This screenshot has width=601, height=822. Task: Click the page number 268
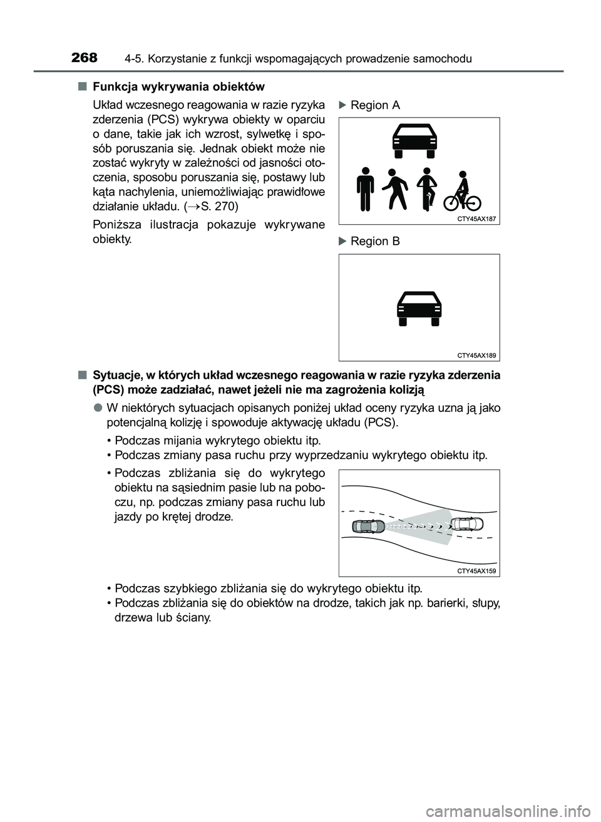coord(85,58)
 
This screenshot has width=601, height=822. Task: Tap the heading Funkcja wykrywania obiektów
coord(178,86)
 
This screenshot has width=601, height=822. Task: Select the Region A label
coord(375,105)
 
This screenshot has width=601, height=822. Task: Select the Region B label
coord(375,241)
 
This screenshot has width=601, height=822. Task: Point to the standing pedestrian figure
coord(366,188)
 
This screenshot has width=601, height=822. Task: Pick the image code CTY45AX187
coord(476,219)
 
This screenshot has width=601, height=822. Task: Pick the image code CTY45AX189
coord(476,356)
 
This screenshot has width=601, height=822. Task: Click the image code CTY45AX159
coord(476,571)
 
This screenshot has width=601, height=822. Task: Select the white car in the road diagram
coord(466,523)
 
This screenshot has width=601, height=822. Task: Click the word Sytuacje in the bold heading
coord(115,376)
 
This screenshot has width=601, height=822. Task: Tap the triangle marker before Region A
coord(342,105)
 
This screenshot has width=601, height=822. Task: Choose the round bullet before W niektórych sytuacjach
coord(99,408)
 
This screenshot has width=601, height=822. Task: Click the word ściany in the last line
coord(194,617)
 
